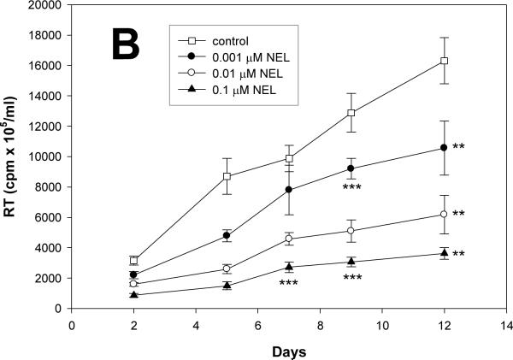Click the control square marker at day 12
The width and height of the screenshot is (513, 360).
[x=444, y=61]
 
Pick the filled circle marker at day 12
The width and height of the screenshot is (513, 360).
[x=444, y=148]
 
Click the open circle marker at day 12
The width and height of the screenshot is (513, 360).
[x=444, y=214]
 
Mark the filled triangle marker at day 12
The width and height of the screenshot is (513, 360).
[x=444, y=253]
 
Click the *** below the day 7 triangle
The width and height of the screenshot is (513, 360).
[x=288, y=283]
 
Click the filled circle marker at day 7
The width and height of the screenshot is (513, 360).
[x=289, y=190]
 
